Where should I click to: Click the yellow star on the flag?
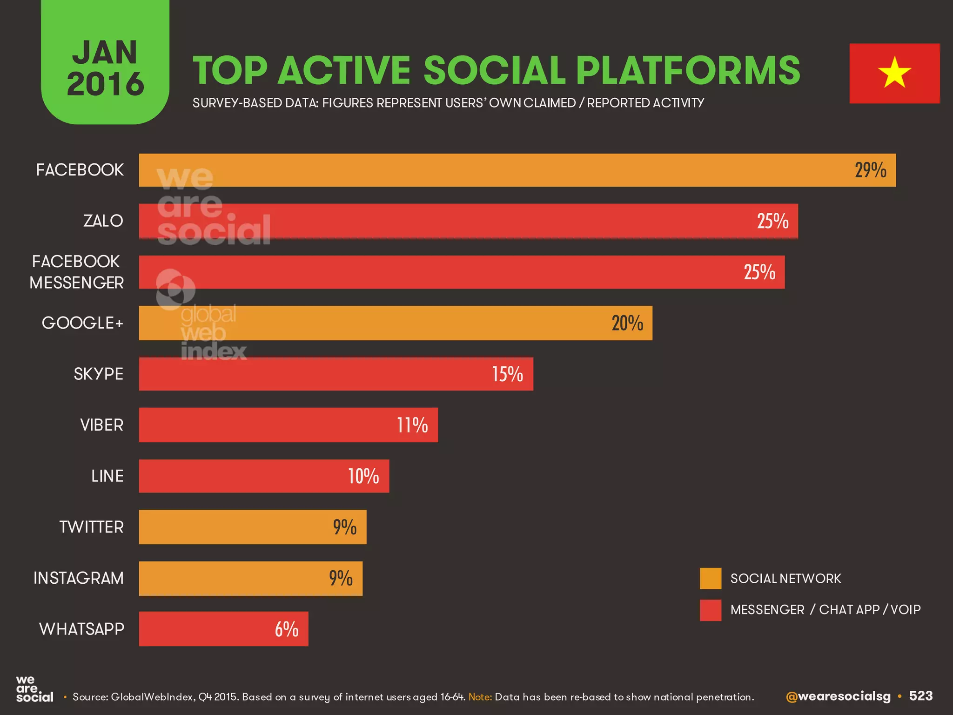(x=894, y=73)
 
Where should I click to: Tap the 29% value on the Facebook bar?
(x=870, y=170)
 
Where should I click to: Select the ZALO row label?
(x=103, y=221)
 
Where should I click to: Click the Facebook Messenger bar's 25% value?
(x=759, y=272)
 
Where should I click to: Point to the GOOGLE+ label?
(x=82, y=323)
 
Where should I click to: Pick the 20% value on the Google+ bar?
(x=627, y=324)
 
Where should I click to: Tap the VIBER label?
(x=101, y=425)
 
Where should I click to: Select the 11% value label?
(x=412, y=425)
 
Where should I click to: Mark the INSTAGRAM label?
(x=79, y=578)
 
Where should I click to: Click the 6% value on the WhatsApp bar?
(x=286, y=629)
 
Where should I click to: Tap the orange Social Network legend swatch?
(x=711, y=579)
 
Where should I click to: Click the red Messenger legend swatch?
(x=711, y=610)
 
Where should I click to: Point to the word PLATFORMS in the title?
(x=688, y=71)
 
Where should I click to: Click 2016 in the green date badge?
(x=105, y=84)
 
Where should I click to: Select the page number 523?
(x=920, y=696)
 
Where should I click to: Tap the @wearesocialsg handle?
(x=838, y=696)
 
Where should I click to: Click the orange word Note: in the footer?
(x=480, y=697)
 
